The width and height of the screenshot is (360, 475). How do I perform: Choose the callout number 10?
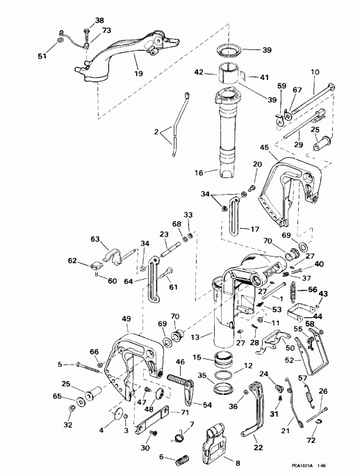tap(316, 72)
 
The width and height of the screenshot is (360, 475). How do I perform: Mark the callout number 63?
tap(96, 238)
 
